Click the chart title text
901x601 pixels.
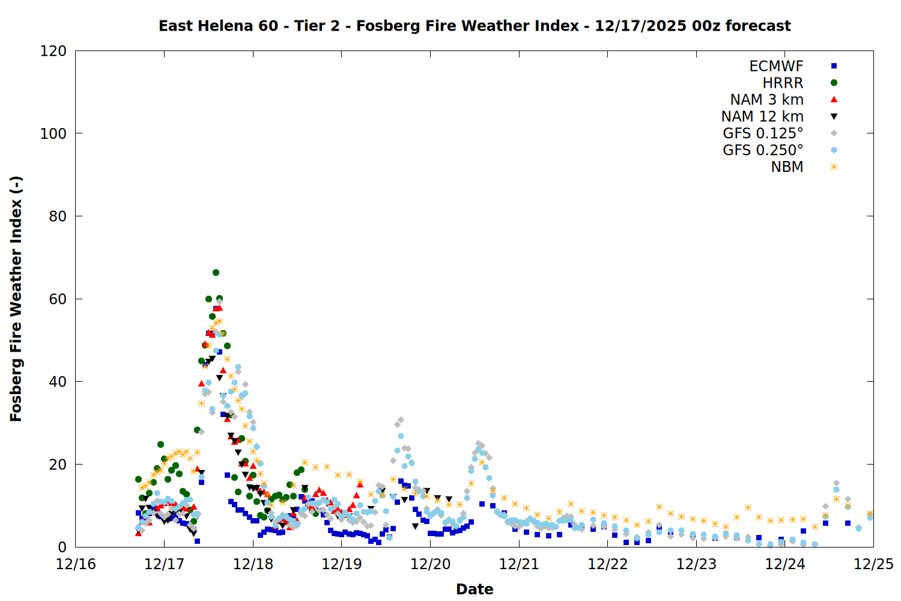[475, 26]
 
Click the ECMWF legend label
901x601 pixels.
[776, 66]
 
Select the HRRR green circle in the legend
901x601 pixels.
[834, 83]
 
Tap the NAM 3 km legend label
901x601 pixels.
[766, 100]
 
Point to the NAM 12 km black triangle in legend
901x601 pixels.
[834, 117]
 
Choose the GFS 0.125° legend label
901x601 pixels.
[763, 133]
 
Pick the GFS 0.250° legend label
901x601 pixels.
[763, 150]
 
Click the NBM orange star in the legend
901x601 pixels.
[834, 167]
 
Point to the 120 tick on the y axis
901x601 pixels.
[53, 51]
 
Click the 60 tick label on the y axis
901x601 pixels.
[58, 299]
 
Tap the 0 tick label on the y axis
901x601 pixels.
[62, 547]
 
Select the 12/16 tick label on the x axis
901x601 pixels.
[76, 564]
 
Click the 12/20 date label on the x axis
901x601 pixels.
[430, 564]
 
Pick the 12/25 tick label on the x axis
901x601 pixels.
[873, 564]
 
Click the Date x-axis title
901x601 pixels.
[475, 589]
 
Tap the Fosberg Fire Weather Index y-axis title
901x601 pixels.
[16, 299]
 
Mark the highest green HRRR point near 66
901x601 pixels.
[216, 273]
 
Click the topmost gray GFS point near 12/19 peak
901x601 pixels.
[401, 420]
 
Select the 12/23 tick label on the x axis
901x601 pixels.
[696, 564]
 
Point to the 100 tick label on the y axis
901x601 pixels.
[53, 133]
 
